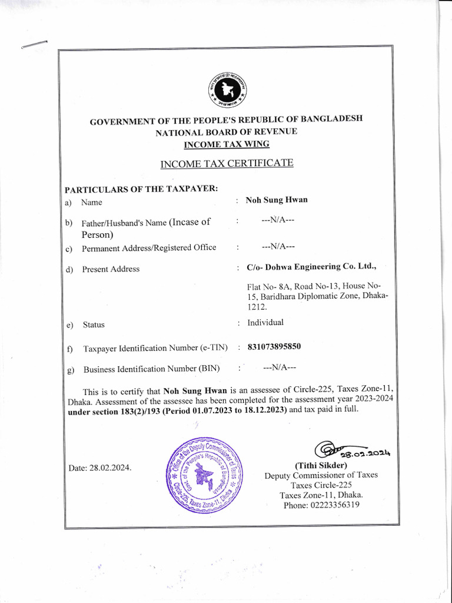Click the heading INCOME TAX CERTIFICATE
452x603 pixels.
(x=227, y=163)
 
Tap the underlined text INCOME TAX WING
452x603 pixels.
(x=226, y=144)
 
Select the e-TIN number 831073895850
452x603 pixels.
(x=274, y=347)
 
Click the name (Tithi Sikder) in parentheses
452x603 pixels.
(x=321, y=465)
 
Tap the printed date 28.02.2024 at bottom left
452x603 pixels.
(x=100, y=468)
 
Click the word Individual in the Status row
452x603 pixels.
(x=265, y=323)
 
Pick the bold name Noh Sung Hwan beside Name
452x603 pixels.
(x=277, y=200)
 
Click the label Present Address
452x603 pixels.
(x=111, y=269)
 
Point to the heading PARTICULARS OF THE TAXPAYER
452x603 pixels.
(x=141, y=188)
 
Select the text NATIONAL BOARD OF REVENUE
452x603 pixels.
(x=226, y=132)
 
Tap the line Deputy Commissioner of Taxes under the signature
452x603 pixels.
(x=321, y=475)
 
